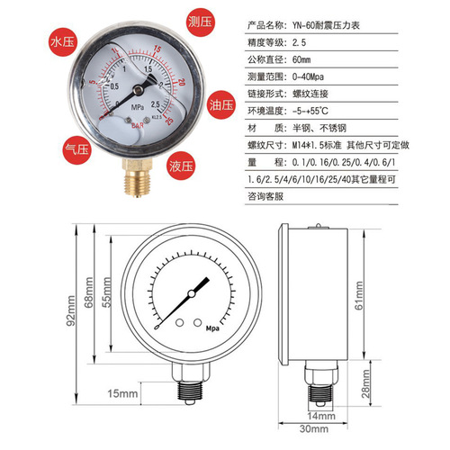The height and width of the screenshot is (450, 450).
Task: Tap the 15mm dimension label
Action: click(121, 393)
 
